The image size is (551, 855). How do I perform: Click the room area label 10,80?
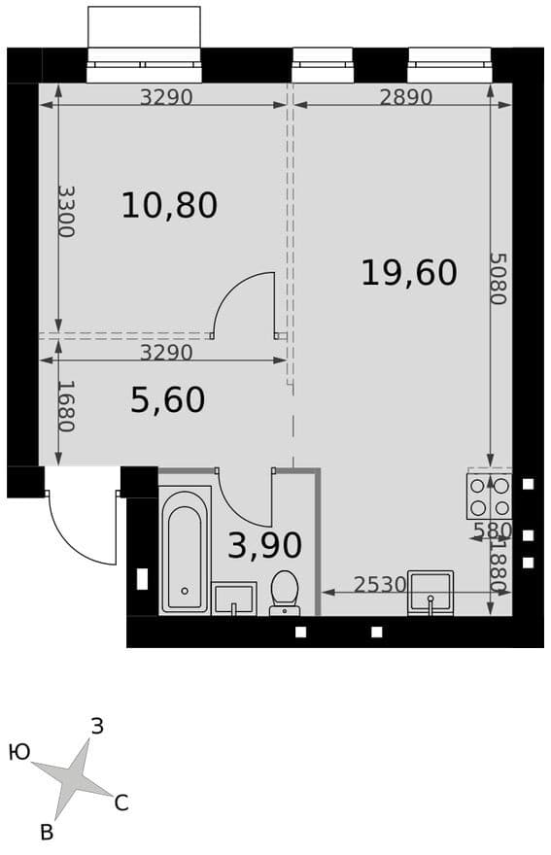pos(169,206)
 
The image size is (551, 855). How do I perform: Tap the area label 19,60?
pos(409,273)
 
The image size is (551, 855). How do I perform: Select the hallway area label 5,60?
pos(168,399)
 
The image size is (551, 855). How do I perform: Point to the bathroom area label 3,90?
pos(264,545)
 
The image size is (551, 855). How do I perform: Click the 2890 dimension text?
pos(406,97)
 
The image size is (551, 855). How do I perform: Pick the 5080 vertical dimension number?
pos(498,278)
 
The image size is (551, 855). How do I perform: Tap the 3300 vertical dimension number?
pos(66,211)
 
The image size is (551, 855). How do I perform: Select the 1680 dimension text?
pos(66,406)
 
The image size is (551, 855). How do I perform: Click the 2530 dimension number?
pos(380,585)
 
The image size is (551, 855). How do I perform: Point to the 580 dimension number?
pos(492,530)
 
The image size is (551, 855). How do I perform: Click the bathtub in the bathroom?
pos(185,550)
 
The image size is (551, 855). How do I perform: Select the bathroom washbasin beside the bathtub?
pos(234,599)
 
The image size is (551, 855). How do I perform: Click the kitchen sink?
pos(430,594)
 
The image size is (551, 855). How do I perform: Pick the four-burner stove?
pos(489,496)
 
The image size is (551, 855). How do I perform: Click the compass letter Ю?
pos(19,753)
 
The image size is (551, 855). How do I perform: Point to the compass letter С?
pos(121,804)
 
